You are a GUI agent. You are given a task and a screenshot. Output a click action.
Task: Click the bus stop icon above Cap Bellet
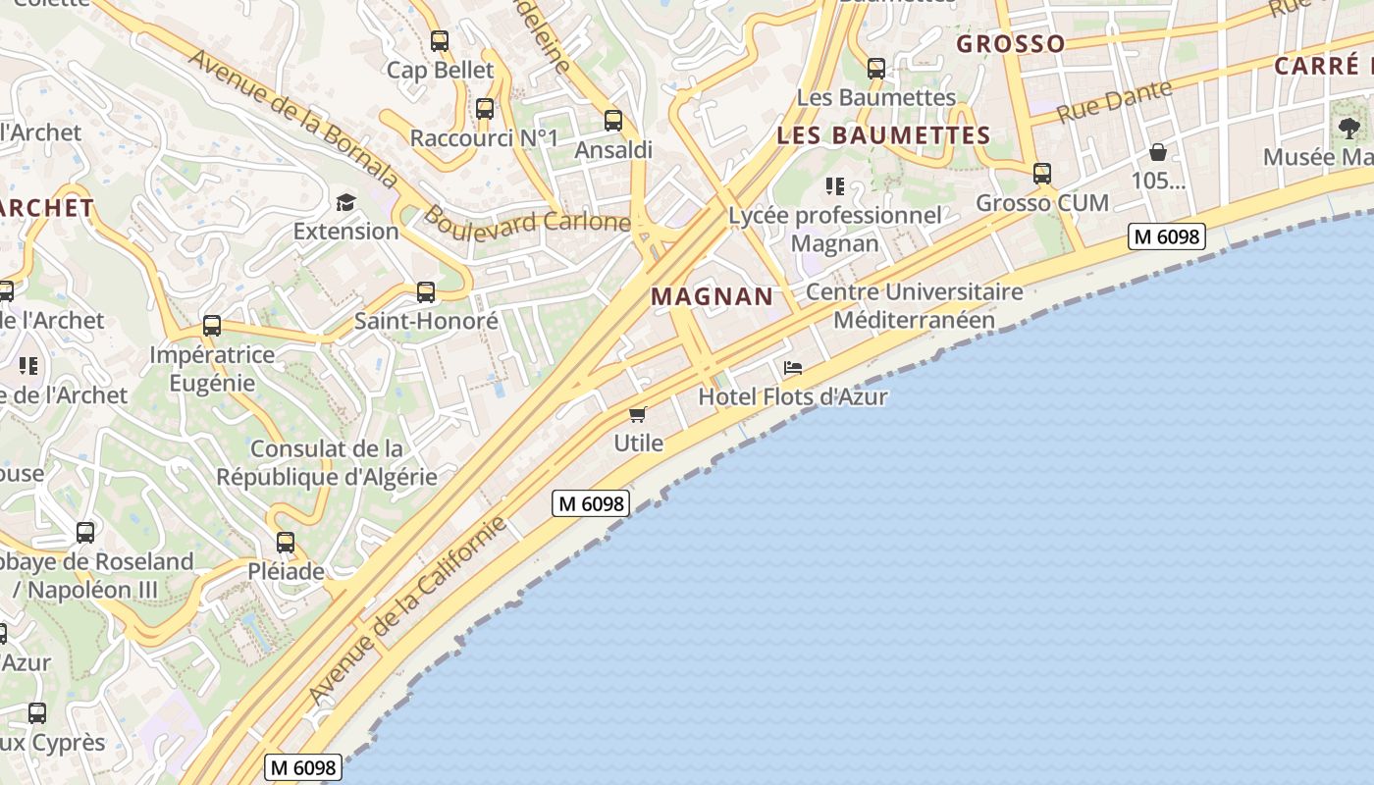(x=440, y=41)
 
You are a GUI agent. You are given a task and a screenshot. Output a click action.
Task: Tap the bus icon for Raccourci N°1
(x=485, y=109)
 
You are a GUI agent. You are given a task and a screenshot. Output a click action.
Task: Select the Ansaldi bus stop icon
(x=613, y=121)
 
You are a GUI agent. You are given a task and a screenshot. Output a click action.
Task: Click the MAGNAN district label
(x=713, y=296)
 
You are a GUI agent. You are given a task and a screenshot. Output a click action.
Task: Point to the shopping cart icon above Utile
(x=638, y=414)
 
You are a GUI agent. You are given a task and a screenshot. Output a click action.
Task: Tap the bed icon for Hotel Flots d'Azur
(x=793, y=368)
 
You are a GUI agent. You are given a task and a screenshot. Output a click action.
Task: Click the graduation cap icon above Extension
(x=345, y=203)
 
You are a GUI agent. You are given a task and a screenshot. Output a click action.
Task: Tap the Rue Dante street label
(x=1114, y=102)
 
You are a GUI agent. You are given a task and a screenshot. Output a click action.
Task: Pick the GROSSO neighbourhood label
(x=1011, y=44)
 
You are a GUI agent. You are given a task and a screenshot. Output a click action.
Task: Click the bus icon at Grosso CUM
(x=1042, y=174)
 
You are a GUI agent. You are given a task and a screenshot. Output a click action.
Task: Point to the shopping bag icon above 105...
(x=1158, y=152)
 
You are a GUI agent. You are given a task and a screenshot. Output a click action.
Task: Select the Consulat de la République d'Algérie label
(x=327, y=463)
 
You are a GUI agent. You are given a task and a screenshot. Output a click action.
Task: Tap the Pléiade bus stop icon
(x=286, y=542)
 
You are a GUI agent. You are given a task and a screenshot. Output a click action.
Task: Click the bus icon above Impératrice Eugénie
(x=212, y=326)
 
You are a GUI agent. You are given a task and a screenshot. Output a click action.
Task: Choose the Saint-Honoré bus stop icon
(x=426, y=292)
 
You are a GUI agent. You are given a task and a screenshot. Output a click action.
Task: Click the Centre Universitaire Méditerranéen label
(x=915, y=306)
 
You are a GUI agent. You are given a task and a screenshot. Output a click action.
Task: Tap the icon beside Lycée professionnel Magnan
(x=835, y=186)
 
